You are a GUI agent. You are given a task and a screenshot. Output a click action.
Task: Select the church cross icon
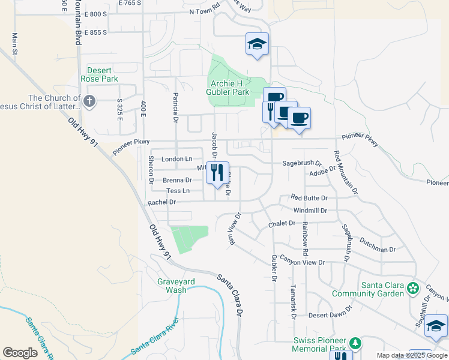click(x=90, y=101)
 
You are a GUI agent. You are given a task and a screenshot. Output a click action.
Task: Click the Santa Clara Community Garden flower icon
click(x=412, y=289)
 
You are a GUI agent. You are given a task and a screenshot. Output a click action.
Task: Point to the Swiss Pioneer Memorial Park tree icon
click(x=355, y=343)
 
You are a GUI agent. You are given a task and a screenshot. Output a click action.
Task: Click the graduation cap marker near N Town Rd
click(x=257, y=44)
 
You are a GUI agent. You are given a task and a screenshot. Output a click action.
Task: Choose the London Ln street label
click(x=176, y=159)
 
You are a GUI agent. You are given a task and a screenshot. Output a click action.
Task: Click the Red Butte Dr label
click(x=309, y=197)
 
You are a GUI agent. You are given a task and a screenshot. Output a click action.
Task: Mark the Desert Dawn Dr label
click(x=330, y=315)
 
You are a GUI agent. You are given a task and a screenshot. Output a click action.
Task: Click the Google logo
click(x=20, y=353)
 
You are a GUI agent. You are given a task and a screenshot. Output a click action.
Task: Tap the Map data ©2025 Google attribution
click(x=412, y=356)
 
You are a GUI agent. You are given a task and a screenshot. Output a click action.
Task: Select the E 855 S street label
click(x=95, y=32)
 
